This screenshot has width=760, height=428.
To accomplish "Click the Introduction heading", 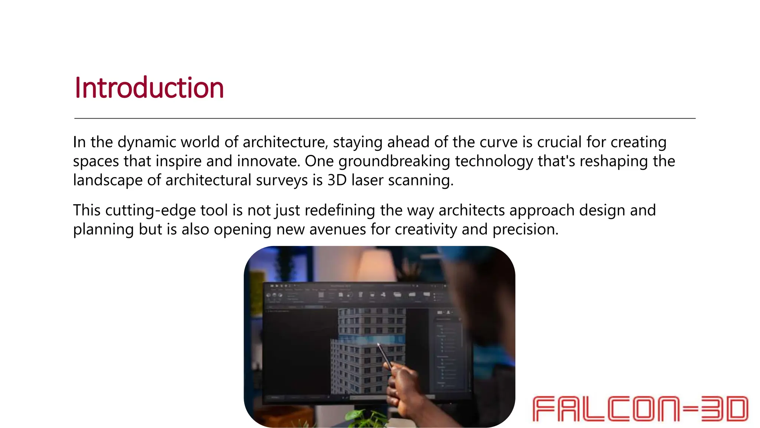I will pyautogui.click(x=149, y=88).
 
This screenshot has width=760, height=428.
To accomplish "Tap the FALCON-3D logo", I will pyautogui.click(x=640, y=409).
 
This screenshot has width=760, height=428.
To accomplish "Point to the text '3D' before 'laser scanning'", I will pyautogui.click(x=337, y=180).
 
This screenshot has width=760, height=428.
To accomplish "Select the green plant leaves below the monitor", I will pyautogui.click(x=362, y=418).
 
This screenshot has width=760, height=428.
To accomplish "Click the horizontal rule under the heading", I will pyautogui.click(x=384, y=119).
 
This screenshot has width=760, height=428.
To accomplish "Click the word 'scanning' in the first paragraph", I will pyautogui.click(x=420, y=180).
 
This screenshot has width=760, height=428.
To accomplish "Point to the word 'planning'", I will pyautogui.click(x=103, y=230).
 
